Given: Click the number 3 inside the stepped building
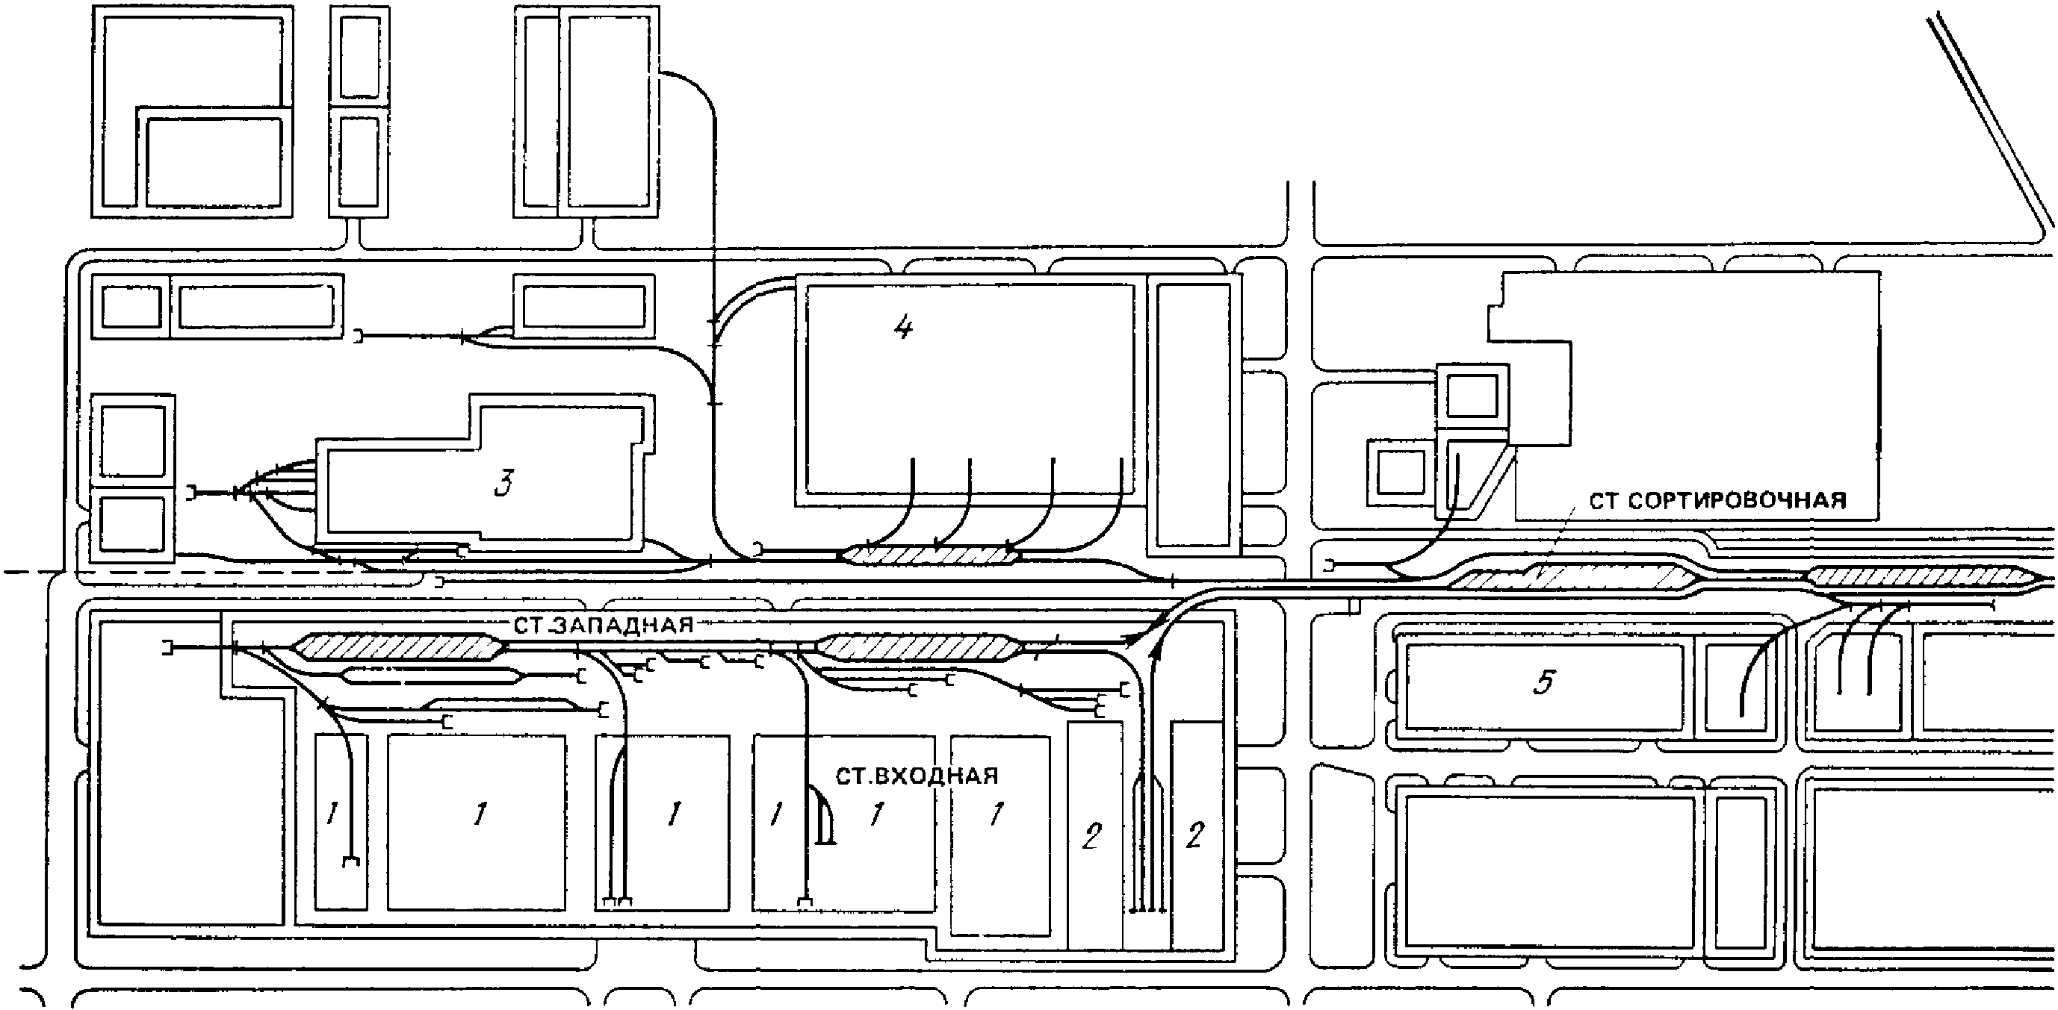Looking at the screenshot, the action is click(503, 484).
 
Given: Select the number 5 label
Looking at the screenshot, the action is click(1544, 682).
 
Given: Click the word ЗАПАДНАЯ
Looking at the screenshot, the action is click(624, 625).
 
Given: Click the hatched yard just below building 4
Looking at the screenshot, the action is click(931, 554).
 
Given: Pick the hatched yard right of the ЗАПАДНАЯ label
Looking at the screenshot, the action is click(918, 647).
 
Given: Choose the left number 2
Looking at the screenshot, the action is click(1091, 836).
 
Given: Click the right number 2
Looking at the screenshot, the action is click(1194, 836).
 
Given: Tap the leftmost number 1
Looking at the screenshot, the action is click(332, 814).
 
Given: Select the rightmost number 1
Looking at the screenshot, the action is click(996, 814).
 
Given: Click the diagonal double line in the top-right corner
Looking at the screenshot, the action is click(1989, 119).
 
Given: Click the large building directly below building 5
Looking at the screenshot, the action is click(1550, 871).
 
